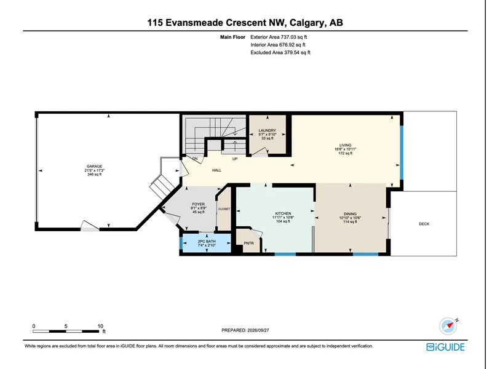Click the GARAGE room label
tap(95, 166)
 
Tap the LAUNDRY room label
tap(268, 130)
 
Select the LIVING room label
tap(345, 145)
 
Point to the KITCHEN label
tap(283, 213)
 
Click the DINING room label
tap(350, 213)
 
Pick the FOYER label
tap(198, 204)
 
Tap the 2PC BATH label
tap(207, 241)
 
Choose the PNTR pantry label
tap(249, 243)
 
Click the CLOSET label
tap(224, 209)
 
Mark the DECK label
tap(424, 224)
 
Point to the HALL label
tap(216, 170)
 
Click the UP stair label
tap(235, 159)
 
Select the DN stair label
tap(195, 159)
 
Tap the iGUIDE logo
tap(445, 347)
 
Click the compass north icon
tap(448, 326)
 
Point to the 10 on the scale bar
tap(100, 326)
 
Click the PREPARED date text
tap(245, 330)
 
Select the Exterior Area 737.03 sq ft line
tap(279, 37)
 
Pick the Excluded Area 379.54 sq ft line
tap(280, 52)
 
